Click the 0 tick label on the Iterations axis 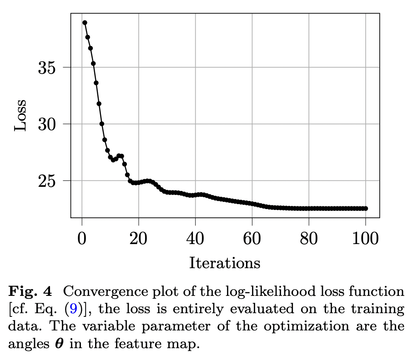[82, 238]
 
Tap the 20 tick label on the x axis [138, 238]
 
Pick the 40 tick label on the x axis [195, 238]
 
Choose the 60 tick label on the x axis [252, 238]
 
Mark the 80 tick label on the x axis [309, 238]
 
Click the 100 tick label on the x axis [366, 238]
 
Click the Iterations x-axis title [224, 263]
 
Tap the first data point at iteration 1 [85, 22]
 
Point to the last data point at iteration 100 [366, 208]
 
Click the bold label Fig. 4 [30, 291]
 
